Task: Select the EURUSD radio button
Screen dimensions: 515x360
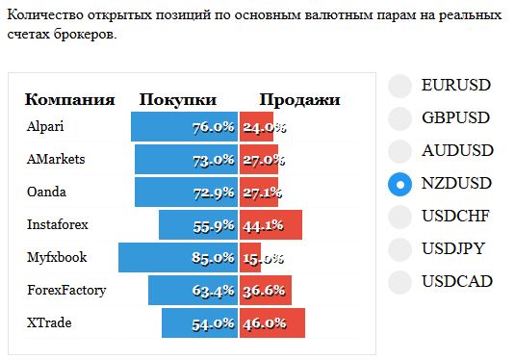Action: tap(399, 86)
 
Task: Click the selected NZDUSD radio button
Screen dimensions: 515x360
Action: tap(399, 184)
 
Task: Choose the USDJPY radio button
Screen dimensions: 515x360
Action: tap(399, 249)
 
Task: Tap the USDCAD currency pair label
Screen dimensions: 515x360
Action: tap(457, 281)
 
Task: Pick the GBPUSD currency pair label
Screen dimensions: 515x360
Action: tap(456, 117)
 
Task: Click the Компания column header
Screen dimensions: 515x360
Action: tap(70, 99)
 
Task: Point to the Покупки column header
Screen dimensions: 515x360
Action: tap(178, 99)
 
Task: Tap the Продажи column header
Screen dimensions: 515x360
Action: tap(300, 100)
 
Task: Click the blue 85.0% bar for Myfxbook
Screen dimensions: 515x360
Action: tap(178, 258)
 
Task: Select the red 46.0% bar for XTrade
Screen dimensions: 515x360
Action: tap(272, 322)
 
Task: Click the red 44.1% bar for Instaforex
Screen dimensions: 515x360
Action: tap(270, 225)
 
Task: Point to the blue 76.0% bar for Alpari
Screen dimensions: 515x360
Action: tap(184, 127)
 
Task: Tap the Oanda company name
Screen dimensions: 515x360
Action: tap(46, 192)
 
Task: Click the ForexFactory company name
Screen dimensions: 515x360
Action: tap(66, 291)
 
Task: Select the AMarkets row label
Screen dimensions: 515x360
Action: tap(56, 160)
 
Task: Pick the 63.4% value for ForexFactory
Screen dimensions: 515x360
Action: tap(213, 291)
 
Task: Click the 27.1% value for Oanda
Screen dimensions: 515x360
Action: tap(262, 193)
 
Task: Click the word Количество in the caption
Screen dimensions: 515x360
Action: tap(45, 15)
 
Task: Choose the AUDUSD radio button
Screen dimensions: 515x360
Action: tap(399, 151)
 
